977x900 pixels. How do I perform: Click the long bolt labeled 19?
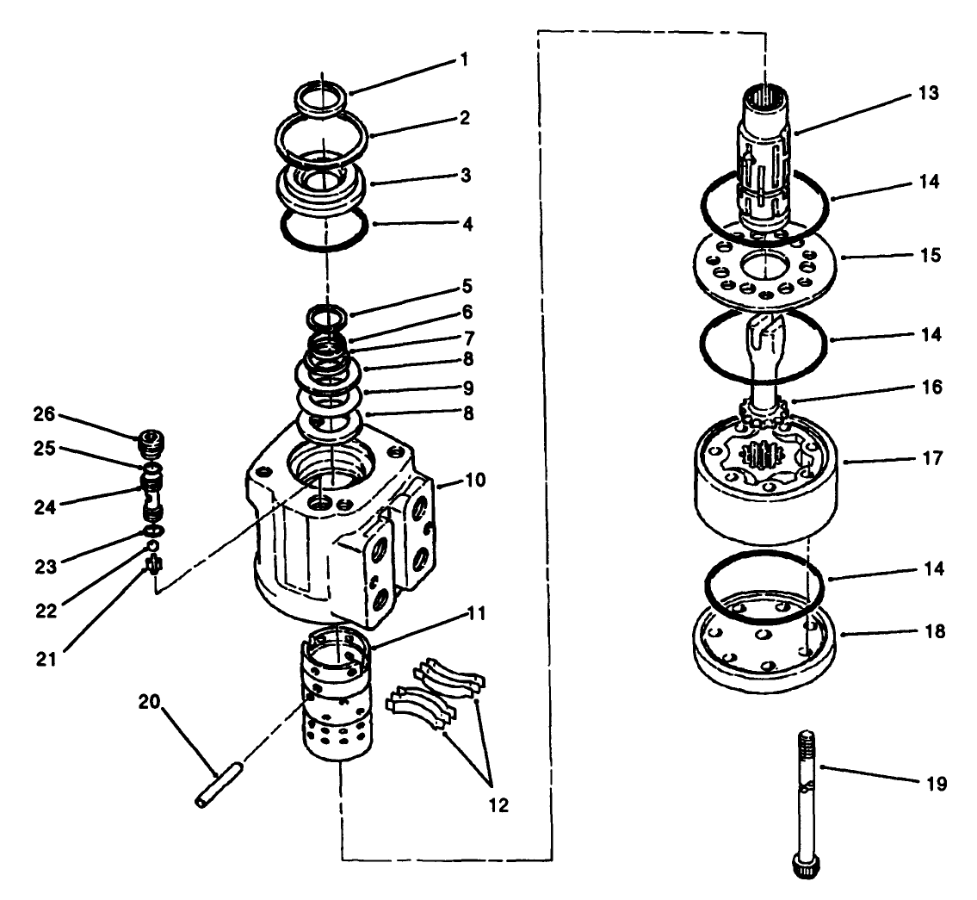tap(805, 792)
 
